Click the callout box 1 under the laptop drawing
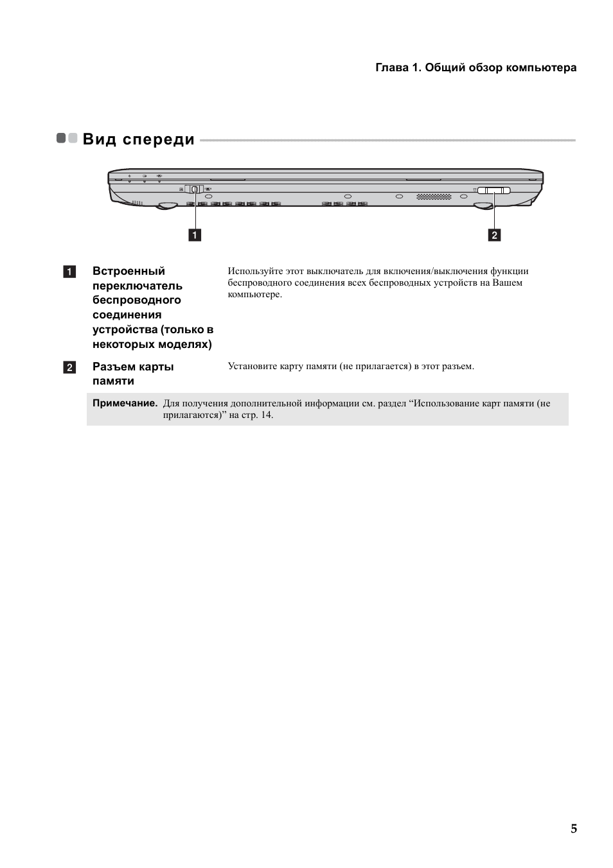point(194,235)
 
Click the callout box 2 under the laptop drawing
point(494,235)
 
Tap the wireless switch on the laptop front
point(195,189)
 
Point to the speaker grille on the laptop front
point(434,196)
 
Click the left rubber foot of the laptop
point(168,205)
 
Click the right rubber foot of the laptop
point(483,205)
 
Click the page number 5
point(573,828)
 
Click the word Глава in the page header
point(391,67)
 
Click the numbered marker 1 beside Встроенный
point(69,272)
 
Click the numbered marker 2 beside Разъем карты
point(69,367)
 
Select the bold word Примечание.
point(125,403)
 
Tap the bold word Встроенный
point(129,271)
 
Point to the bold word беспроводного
point(136,300)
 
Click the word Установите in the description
point(249,366)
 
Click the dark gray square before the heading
point(62,138)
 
